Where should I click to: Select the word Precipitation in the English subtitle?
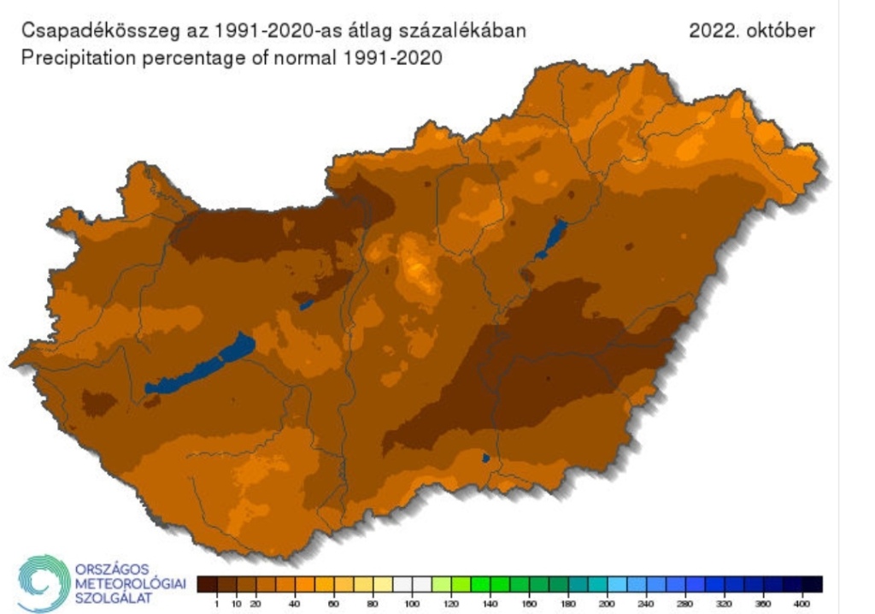[x=73, y=60]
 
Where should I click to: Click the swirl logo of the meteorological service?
[x=42, y=582]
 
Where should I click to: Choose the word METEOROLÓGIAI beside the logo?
[x=130, y=582]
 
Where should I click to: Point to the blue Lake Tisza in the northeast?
[x=552, y=239]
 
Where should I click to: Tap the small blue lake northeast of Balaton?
[x=306, y=304]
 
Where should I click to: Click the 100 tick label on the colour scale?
[x=413, y=604]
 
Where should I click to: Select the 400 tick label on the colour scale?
[x=802, y=604]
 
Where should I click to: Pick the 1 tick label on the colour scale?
[x=217, y=604]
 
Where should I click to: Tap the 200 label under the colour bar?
[x=608, y=604]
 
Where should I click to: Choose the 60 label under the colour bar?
[x=334, y=604]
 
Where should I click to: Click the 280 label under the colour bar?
[x=685, y=604]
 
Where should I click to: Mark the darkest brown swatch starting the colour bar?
[x=207, y=585]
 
